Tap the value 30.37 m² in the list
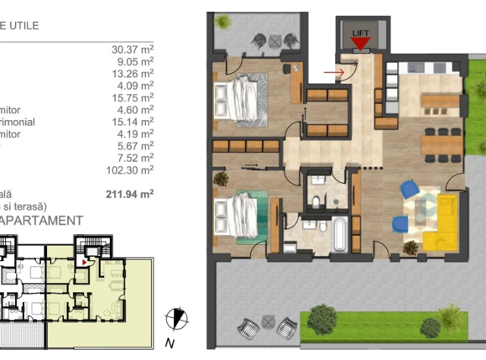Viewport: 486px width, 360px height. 132,49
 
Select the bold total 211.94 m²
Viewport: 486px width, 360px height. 132,194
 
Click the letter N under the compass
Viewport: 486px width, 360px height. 169,343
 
